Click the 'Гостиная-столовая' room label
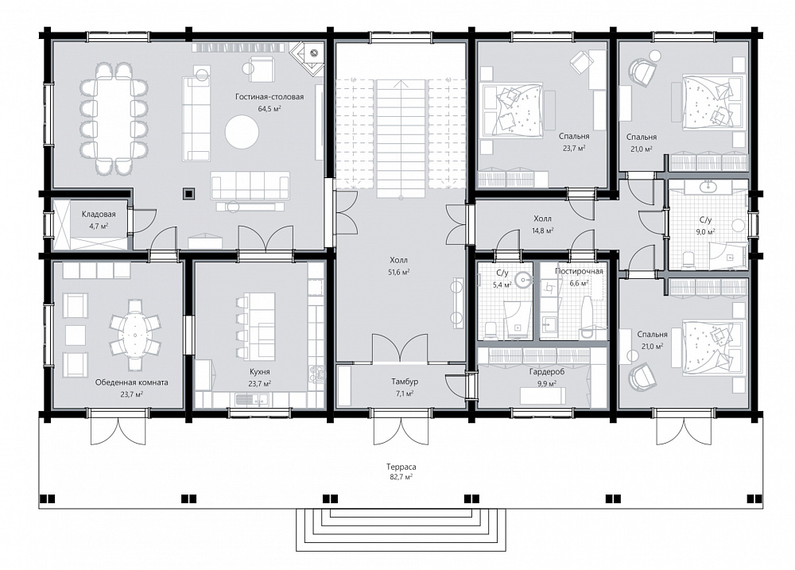pyautogui.click(x=270, y=97)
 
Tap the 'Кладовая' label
pyautogui.click(x=99, y=215)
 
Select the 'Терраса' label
pyautogui.click(x=401, y=467)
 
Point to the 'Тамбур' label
pyautogui.click(x=405, y=382)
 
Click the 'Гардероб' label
pyautogui.click(x=547, y=372)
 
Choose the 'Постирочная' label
pyautogui.click(x=579, y=271)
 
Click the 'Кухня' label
pyautogui.click(x=260, y=372)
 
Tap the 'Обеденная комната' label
pyautogui.click(x=132, y=382)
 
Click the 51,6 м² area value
pyautogui.click(x=399, y=273)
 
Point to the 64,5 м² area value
pyautogui.click(x=270, y=109)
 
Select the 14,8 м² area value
pyautogui.click(x=542, y=231)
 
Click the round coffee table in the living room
pyautogui.click(x=242, y=132)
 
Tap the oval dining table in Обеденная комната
pyautogui.click(x=135, y=335)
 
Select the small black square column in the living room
pyautogui.click(x=189, y=192)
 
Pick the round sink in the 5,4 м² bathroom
pyautogui.click(x=522, y=279)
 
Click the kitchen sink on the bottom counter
pyautogui.click(x=252, y=400)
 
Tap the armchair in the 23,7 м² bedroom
pyautogui.click(x=582, y=62)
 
